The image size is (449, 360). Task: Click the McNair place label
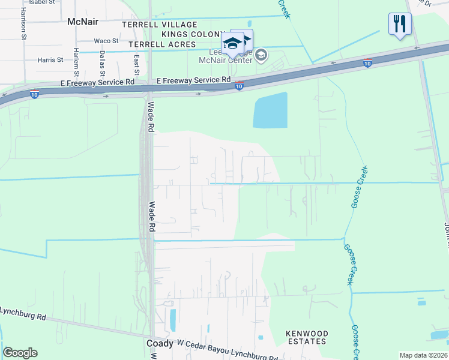[x=82, y=21]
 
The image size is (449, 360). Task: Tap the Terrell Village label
[x=159, y=25]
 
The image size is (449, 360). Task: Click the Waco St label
[x=106, y=41]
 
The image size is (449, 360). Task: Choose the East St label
[x=137, y=65]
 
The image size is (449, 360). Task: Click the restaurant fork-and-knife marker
[x=399, y=24]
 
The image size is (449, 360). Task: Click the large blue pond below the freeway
[x=270, y=110]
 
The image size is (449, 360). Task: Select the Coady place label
[x=160, y=343]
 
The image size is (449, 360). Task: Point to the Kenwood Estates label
[x=307, y=337]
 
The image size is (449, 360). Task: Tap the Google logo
[x=20, y=353]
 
